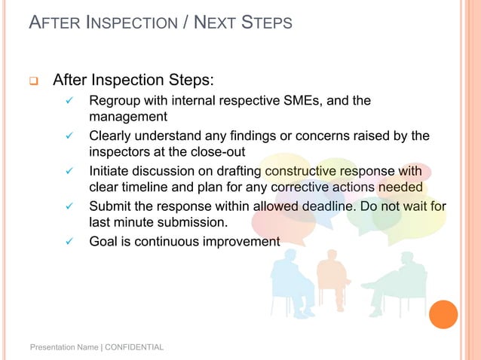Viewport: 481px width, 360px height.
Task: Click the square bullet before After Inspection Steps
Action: click(x=33, y=80)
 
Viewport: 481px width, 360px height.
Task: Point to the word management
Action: click(x=128, y=117)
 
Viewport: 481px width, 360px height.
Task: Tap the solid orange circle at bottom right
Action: click(x=443, y=314)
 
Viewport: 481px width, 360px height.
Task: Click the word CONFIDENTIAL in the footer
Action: click(x=134, y=347)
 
